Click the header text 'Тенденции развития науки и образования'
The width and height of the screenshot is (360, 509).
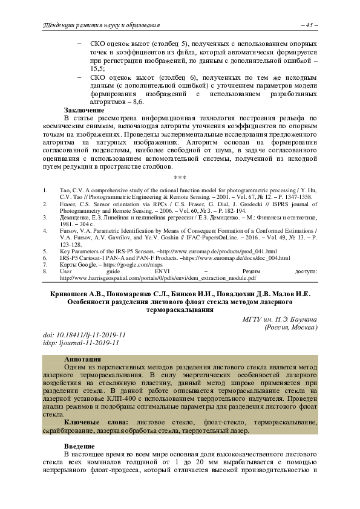(x=100, y=25)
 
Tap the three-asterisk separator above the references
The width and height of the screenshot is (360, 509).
(x=179, y=178)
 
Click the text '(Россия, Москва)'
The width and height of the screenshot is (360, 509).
(x=292, y=328)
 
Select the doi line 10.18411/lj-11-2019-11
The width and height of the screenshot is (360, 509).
(x=84, y=335)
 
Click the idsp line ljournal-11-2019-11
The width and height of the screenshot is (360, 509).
(x=82, y=343)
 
